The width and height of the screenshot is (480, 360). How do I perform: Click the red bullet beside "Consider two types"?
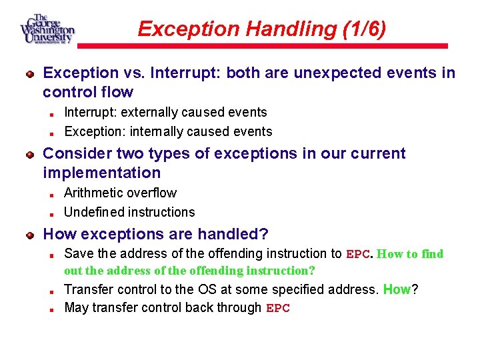tap(30, 155)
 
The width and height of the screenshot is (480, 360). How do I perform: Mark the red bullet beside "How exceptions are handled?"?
tap(30, 235)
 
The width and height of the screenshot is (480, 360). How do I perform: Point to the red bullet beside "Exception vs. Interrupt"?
tap(30, 74)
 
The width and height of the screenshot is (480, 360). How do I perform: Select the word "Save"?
tap(79, 253)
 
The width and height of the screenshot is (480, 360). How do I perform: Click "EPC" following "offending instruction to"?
tap(358, 254)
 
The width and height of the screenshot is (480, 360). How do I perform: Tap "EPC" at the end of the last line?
tap(278, 309)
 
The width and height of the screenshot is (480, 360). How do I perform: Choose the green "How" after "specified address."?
tap(397, 289)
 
